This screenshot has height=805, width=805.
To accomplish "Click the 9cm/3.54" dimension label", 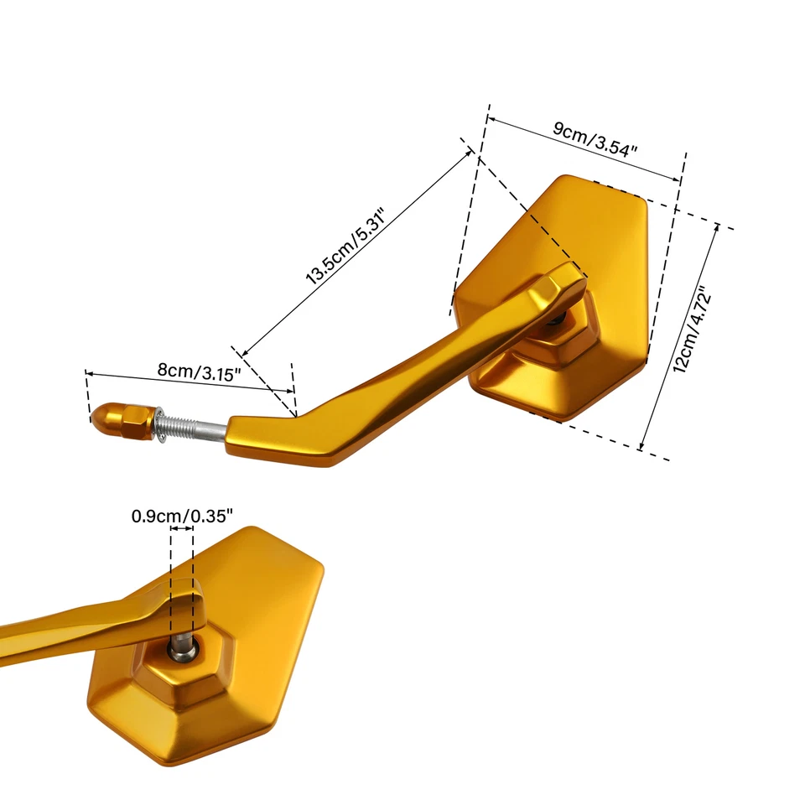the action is (x=595, y=138).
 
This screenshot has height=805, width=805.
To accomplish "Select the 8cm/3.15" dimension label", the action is (x=200, y=371).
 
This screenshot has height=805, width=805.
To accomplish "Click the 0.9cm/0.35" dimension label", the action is (x=182, y=516).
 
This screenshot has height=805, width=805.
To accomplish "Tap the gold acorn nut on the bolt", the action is (x=122, y=421).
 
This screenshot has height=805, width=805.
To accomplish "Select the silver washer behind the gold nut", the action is (x=159, y=425).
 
